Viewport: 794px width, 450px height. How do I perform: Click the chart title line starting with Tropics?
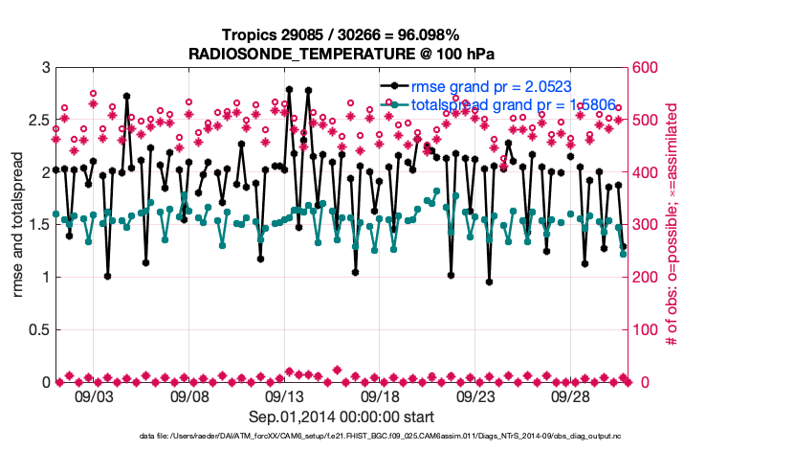(342, 34)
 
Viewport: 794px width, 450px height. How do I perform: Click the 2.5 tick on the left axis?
(36, 121)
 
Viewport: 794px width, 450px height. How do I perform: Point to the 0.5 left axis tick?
(36, 330)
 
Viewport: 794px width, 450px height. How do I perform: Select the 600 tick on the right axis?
(649, 68)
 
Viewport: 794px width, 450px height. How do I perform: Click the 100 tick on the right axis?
(649, 330)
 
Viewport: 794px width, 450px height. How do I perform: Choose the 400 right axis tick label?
(649, 173)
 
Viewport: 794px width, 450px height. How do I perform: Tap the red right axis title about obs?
(673, 225)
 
